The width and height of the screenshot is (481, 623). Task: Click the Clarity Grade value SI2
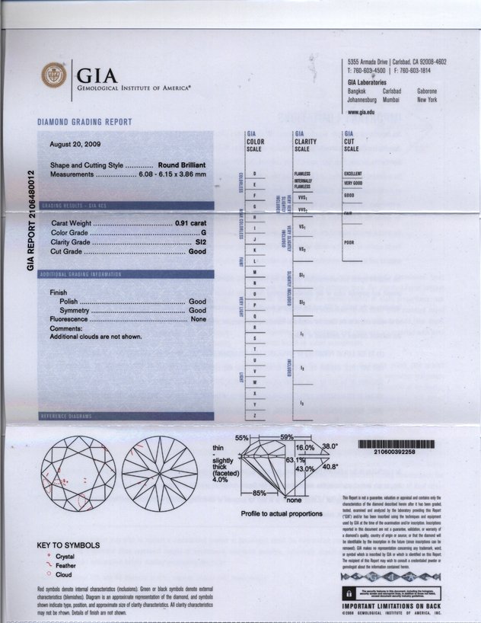tap(201, 241)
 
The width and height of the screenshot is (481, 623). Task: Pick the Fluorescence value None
tap(199, 320)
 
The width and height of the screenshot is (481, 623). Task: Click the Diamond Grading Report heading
tap(84, 122)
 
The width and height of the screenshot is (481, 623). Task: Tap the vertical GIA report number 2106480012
tap(31, 219)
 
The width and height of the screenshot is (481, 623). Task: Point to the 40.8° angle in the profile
tap(330, 468)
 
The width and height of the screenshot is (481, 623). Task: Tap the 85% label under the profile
tap(259, 494)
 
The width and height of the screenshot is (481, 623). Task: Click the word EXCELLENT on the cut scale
tap(352, 174)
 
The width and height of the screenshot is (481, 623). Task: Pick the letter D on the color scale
tap(254, 174)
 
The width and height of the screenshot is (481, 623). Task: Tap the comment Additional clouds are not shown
tap(96, 336)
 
